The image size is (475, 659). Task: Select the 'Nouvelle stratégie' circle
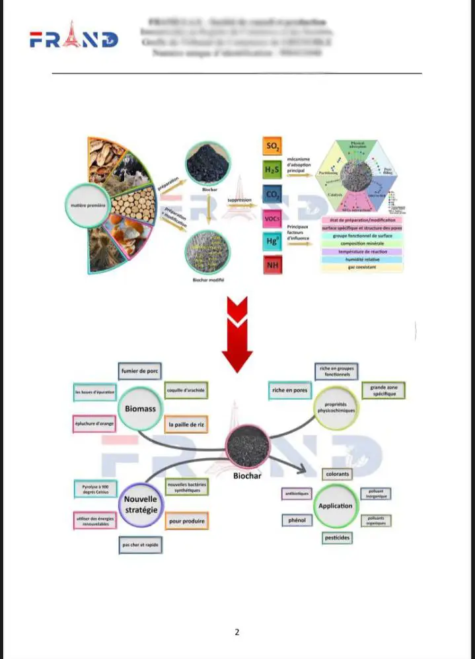pyautogui.click(x=140, y=504)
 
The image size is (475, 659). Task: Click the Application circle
pyautogui.click(x=336, y=506)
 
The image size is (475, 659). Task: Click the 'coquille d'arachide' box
pyautogui.click(x=186, y=391)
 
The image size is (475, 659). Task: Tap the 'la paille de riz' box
pyautogui.click(x=186, y=425)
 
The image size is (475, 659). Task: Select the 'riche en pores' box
pyautogui.click(x=289, y=391)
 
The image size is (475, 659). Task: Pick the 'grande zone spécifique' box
pyautogui.click(x=383, y=390)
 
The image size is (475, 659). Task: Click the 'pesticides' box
pyautogui.click(x=337, y=538)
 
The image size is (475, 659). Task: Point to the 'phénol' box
pyautogui.click(x=296, y=521)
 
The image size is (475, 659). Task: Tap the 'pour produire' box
pyautogui.click(x=186, y=521)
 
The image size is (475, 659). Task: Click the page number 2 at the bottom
pyautogui.click(x=237, y=632)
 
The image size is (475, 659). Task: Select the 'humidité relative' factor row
pyautogui.click(x=362, y=260)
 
